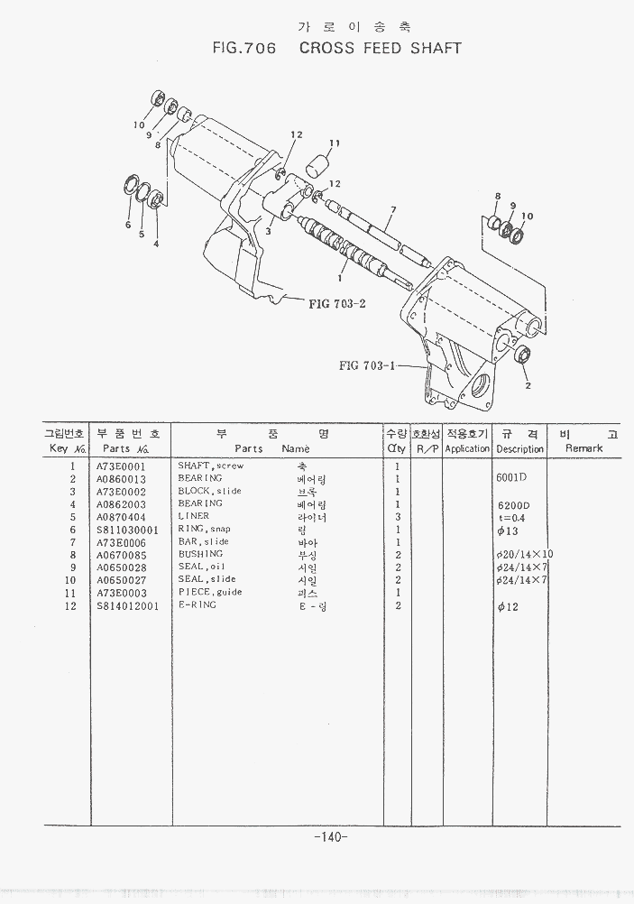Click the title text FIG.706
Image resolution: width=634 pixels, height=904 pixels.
point(243,48)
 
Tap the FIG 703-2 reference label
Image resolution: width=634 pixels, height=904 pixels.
point(336,303)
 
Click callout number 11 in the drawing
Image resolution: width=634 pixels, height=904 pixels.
point(334,143)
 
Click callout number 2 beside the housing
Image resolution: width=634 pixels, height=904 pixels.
point(527,385)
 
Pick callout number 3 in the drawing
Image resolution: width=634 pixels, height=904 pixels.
point(268,231)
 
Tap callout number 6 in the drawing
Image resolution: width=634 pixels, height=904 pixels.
point(128,225)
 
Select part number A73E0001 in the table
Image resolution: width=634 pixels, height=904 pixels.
point(121,466)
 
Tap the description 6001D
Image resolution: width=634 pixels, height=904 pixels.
point(511,477)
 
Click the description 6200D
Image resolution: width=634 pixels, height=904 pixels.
point(513,504)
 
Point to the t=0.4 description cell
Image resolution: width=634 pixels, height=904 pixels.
point(510,517)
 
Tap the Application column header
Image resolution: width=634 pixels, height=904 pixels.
point(466,448)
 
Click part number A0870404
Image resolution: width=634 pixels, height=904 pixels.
point(121,517)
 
